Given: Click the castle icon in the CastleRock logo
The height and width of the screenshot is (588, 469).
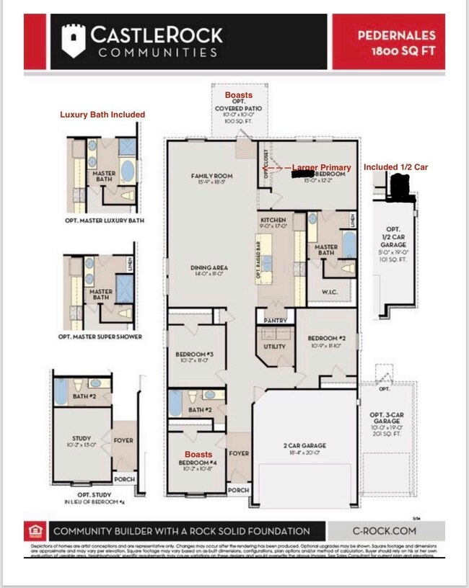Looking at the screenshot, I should (x=73, y=40).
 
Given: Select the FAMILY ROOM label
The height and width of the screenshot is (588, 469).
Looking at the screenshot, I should (x=212, y=176).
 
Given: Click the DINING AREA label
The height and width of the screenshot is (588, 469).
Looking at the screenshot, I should (x=209, y=268).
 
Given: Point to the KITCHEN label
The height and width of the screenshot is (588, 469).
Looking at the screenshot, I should (x=273, y=220).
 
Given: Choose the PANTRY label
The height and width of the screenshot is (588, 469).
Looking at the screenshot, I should (x=276, y=321).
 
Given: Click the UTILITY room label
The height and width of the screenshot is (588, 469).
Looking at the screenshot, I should (x=274, y=346).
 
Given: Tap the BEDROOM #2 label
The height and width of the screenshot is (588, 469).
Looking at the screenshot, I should (x=327, y=339).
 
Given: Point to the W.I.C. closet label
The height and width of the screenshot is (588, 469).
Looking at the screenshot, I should (x=318, y=293).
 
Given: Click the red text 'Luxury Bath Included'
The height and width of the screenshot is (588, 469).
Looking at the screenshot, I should (x=102, y=115).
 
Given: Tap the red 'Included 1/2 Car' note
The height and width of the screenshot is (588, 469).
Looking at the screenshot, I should (x=395, y=167).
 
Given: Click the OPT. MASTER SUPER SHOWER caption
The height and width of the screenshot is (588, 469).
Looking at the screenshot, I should (x=100, y=337).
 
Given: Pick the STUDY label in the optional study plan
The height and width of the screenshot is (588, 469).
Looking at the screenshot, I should (x=81, y=437).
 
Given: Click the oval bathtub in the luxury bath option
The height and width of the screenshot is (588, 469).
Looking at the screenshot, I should (x=127, y=170).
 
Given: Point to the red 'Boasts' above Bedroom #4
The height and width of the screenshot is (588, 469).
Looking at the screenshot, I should (x=198, y=455).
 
